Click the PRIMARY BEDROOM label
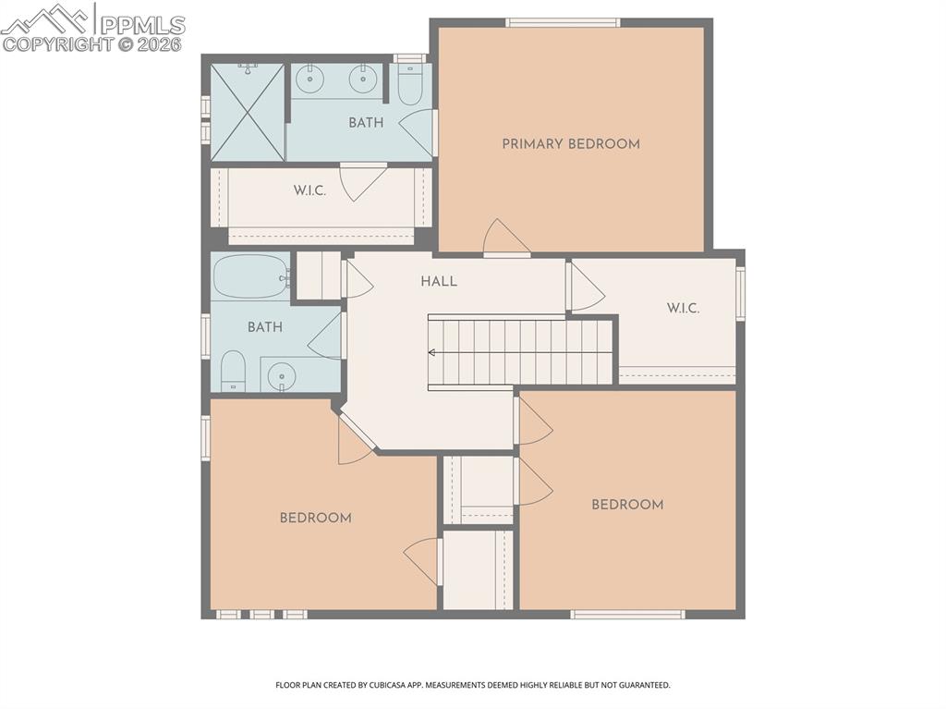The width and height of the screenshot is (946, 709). [570, 144]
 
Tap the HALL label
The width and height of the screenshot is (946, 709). [439, 281]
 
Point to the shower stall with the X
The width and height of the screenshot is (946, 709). [248, 112]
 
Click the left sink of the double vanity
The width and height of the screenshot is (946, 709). [310, 79]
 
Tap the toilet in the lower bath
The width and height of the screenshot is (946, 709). [233, 372]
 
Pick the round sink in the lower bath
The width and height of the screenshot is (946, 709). [281, 374]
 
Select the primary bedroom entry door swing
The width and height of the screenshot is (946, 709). [503, 238]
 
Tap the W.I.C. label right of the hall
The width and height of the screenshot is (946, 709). [683, 308]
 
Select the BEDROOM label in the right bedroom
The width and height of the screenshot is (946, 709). [627, 505]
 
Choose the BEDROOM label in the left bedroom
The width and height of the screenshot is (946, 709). [315, 518]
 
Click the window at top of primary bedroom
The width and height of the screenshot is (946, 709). [562, 22]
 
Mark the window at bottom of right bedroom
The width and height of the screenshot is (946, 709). [627, 614]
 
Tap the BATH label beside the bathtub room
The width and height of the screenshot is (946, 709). [265, 327]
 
